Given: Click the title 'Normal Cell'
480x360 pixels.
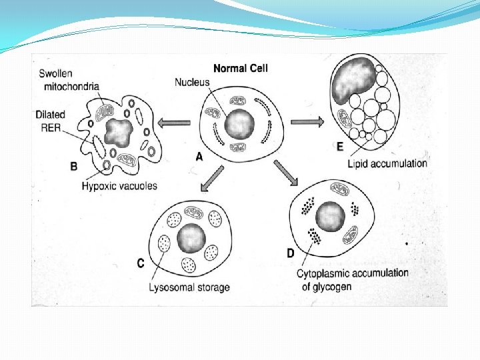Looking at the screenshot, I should click(240, 68).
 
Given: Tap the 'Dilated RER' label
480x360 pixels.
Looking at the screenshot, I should click(50, 120).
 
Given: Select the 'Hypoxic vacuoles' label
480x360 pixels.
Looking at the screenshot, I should click(121, 185).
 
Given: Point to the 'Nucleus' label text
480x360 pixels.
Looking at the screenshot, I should click(192, 83).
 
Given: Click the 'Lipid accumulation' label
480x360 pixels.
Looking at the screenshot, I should click(387, 163).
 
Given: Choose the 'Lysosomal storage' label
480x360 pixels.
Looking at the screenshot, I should click(191, 287).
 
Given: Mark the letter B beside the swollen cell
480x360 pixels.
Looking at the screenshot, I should click(74, 165).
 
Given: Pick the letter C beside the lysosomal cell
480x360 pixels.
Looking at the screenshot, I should click(141, 264).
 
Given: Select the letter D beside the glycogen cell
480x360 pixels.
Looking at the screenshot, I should click(291, 253).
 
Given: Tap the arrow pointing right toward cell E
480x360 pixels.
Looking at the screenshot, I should click(306, 122).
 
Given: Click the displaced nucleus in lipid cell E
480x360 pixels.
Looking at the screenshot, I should click(360, 81).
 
